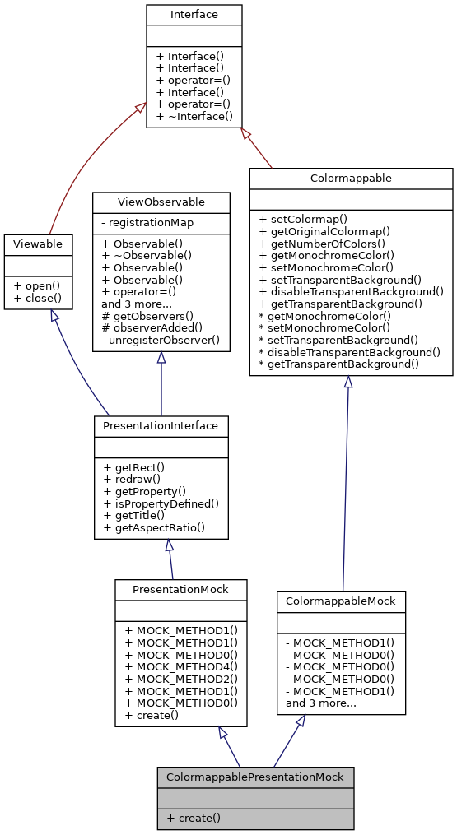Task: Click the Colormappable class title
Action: [351, 178]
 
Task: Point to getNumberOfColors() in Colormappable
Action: [322, 244]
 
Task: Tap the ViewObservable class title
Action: [161, 202]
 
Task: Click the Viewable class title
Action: [38, 244]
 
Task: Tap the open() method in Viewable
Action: [35, 285]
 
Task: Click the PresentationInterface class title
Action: [161, 426]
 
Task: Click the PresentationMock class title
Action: [181, 589]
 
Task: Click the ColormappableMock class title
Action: [341, 601]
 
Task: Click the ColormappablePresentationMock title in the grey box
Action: [255, 777]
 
